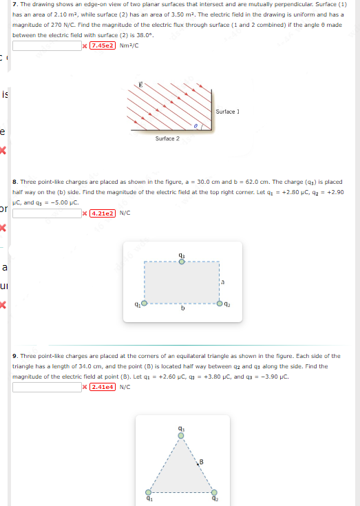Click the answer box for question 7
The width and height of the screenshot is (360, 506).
point(47,46)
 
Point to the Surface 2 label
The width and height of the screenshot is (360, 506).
point(167,138)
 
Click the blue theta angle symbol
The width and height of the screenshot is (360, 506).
point(195,127)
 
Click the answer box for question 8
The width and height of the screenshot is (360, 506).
point(47,213)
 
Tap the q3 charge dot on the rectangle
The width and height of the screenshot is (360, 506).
point(181,262)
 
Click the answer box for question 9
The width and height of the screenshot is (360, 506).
point(47,387)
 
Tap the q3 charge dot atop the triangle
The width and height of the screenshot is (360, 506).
point(181,435)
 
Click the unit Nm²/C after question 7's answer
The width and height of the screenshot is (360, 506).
point(129,46)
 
